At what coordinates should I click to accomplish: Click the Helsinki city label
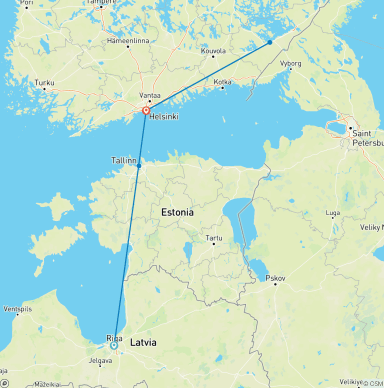[163, 116]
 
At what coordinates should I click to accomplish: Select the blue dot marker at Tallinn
[139, 166]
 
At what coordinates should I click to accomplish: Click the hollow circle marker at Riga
[114, 345]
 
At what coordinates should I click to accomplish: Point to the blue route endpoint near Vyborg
[270, 42]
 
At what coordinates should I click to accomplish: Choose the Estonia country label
[177, 212]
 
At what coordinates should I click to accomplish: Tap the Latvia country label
[143, 342]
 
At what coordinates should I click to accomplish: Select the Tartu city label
[213, 238]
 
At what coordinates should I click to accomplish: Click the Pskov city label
[275, 277]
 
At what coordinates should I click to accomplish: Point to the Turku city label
[44, 83]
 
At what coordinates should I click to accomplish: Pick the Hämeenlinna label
[128, 41]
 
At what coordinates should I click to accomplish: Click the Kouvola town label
[213, 50]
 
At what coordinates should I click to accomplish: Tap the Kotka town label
[222, 81]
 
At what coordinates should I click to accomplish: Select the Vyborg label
[290, 63]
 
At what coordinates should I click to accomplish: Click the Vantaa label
[149, 94]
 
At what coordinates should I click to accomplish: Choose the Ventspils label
[17, 309]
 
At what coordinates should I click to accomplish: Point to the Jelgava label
[99, 360]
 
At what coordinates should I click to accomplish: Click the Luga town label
[333, 213]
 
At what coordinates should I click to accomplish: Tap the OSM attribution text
[372, 383]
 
